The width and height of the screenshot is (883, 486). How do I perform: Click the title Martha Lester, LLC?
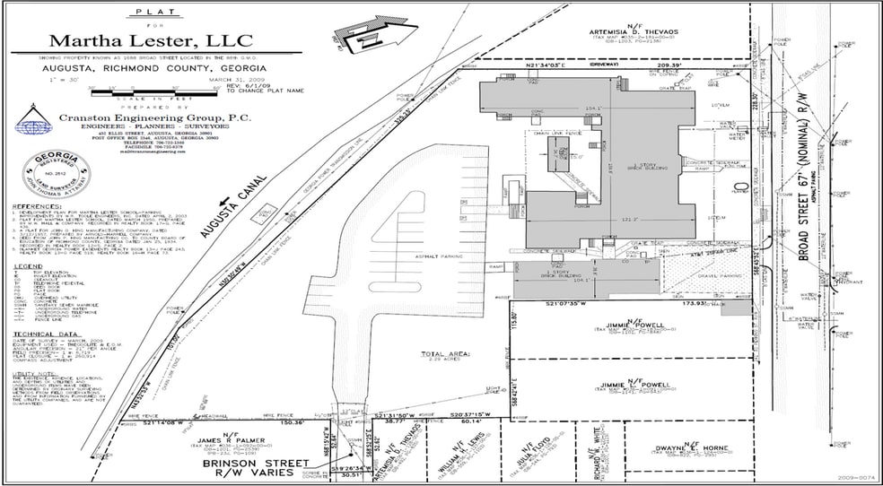pos(150,40)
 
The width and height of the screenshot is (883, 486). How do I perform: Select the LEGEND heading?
pos(31,266)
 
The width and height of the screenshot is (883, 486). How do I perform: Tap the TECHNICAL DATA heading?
pos(45,332)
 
